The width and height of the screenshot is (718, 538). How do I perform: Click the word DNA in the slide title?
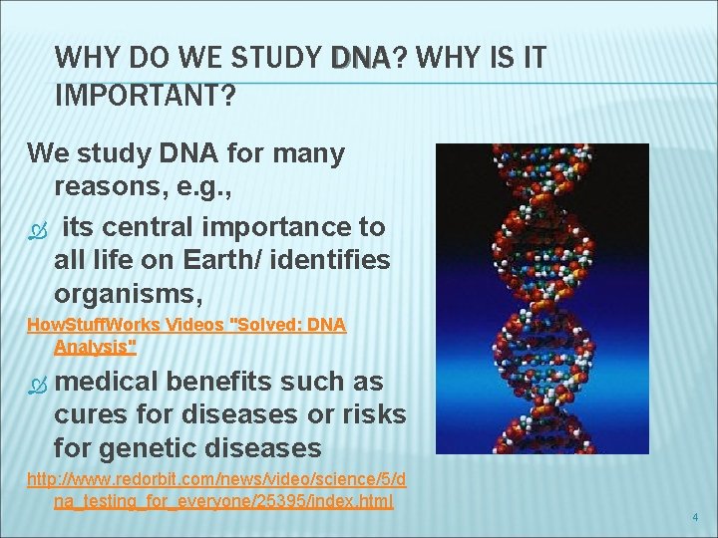coord(362,59)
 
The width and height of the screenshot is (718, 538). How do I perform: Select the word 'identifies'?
coord(337,261)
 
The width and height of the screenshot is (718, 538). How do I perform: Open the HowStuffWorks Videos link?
coord(185,325)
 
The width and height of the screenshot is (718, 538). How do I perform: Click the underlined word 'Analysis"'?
coord(95,347)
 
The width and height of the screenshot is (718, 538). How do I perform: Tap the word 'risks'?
coord(368,414)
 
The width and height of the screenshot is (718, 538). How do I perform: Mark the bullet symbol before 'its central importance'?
coord(37,228)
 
